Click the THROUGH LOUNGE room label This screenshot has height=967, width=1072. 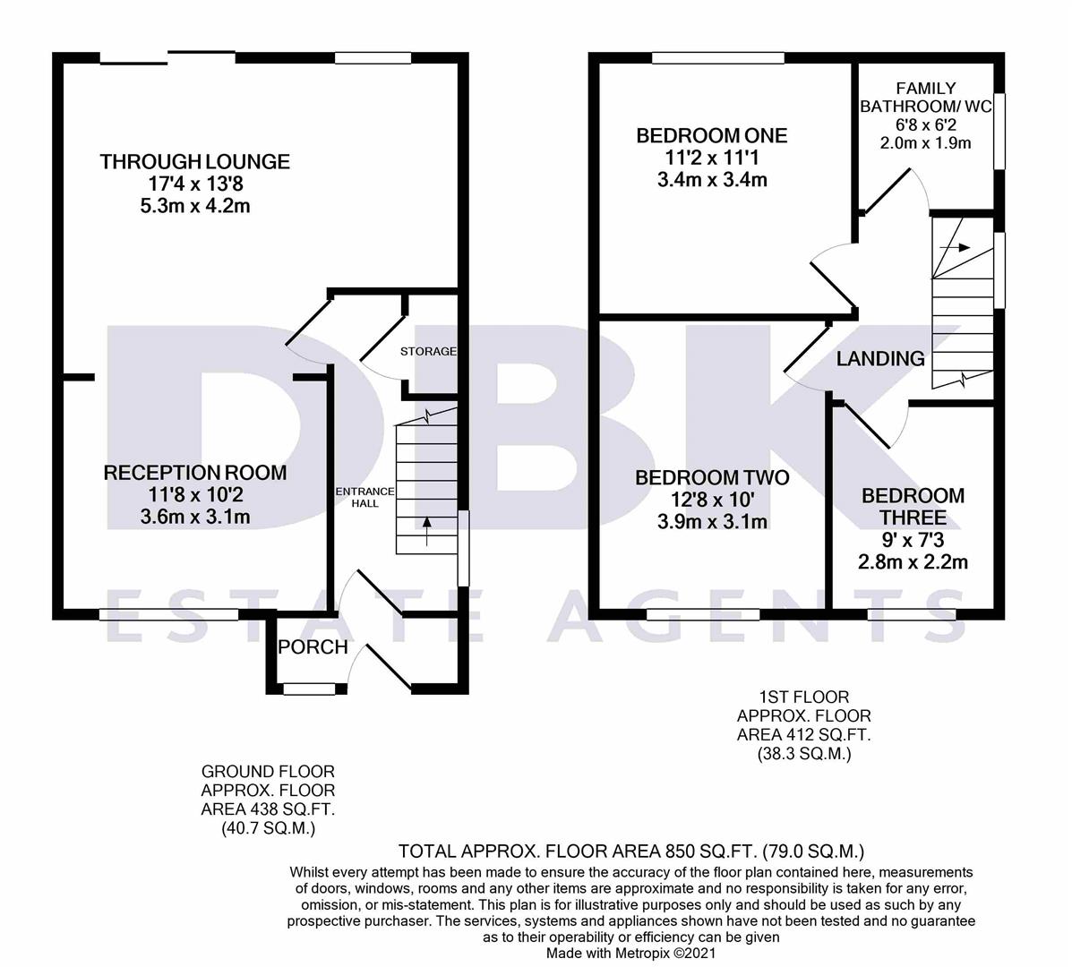[195, 162]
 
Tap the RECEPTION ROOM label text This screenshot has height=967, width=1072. [195, 473]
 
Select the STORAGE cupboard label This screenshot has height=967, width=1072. [428, 351]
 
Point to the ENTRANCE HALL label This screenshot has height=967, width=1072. [364, 497]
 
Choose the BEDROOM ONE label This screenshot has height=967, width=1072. [711, 136]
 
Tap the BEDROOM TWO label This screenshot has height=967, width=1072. [712, 478]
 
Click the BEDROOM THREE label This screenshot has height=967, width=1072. [913, 507]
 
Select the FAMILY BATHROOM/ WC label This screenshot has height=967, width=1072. [925, 98]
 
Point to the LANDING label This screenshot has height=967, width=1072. [880, 359]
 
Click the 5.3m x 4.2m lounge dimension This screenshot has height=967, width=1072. [195, 206]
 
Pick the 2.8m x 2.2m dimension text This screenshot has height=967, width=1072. [913, 562]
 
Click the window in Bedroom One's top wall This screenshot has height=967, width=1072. [706, 58]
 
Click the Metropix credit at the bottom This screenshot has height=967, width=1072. [631, 954]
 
